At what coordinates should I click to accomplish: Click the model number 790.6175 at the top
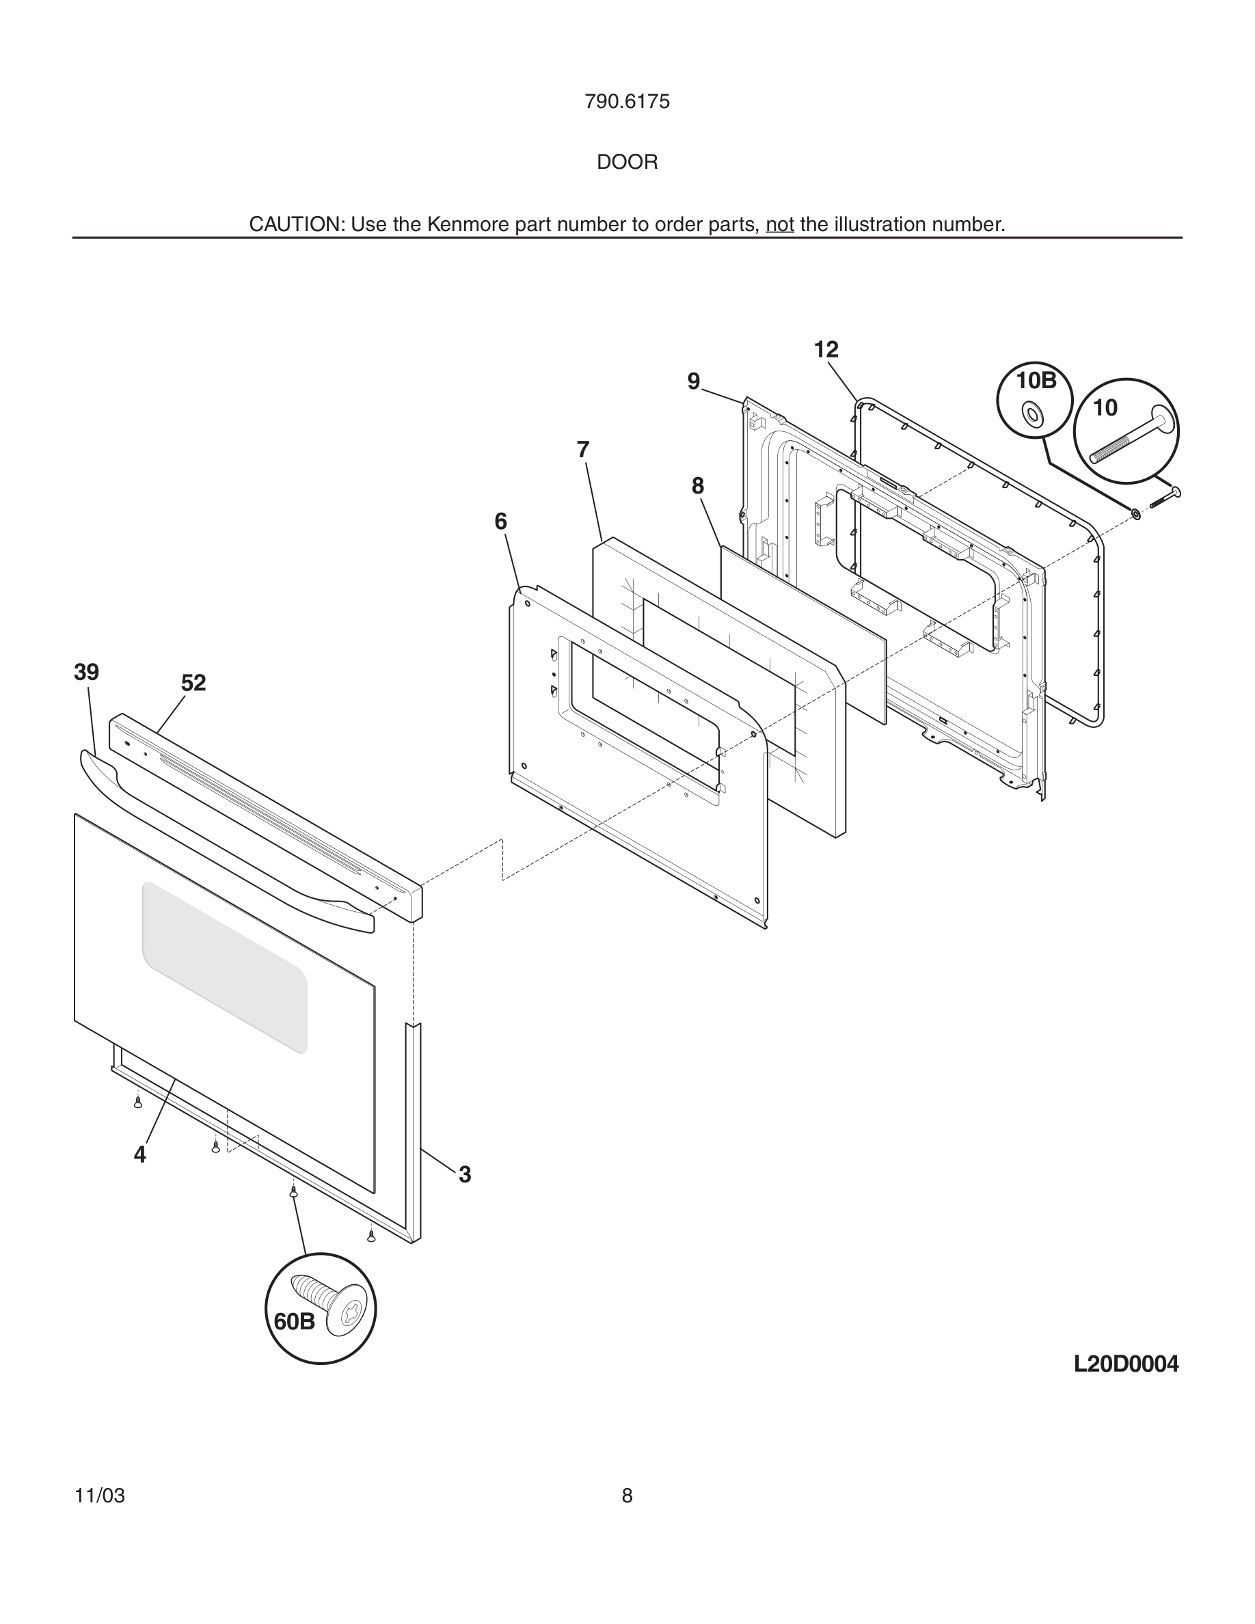coord(627,102)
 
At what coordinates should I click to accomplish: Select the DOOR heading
coord(627,162)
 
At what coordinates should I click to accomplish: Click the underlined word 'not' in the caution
coord(779,225)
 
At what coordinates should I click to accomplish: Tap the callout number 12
coord(825,349)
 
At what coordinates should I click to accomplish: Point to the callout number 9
coord(693,381)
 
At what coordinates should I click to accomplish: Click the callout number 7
coord(583,450)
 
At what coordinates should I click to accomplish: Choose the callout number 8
coord(697,486)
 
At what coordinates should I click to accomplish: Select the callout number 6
coord(500,522)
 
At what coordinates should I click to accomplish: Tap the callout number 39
coord(86,672)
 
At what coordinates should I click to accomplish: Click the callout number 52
coord(193,683)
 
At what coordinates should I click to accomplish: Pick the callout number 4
coord(139,1155)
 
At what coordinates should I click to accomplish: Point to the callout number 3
coord(465,1175)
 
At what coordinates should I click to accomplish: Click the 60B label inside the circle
coord(295,1322)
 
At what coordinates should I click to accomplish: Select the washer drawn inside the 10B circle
coord(1033,414)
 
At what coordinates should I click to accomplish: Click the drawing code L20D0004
coord(1126,1364)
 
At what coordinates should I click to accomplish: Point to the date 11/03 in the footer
coord(100,1496)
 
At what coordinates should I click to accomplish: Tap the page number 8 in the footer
coord(627,1496)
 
